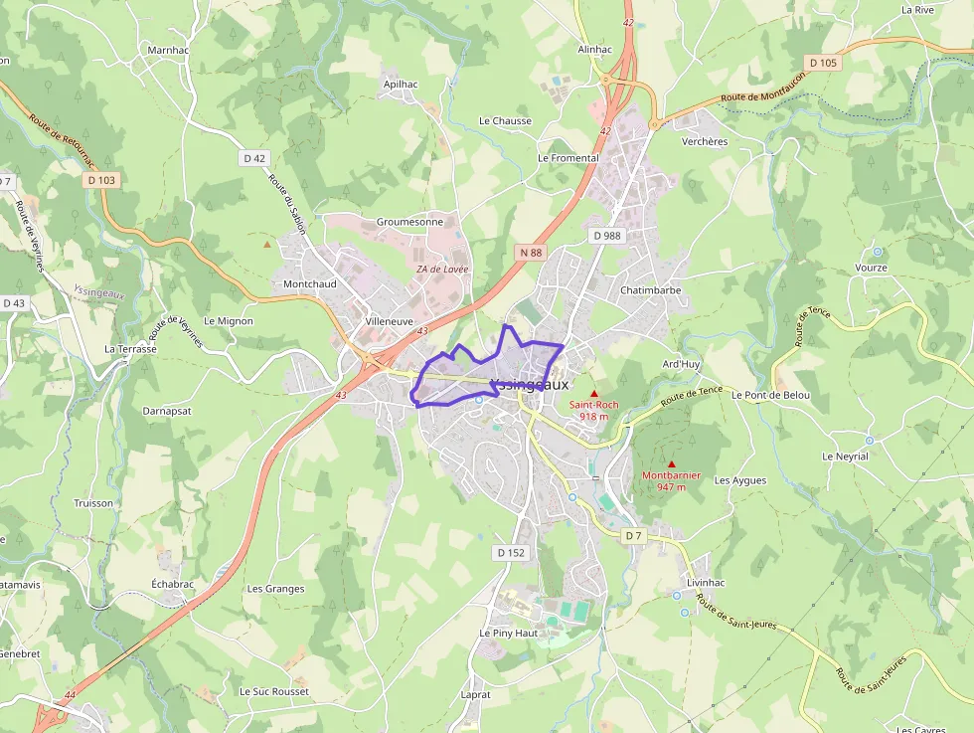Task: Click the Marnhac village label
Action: click(x=167, y=49)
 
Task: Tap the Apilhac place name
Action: click(x=401, y=85)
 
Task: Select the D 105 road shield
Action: click(x=823, y=63)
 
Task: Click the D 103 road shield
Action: click(x=100, y=180)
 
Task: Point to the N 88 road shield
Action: click(x=530, y=253)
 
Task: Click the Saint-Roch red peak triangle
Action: click(x=594, y=394)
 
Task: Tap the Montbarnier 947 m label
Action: click(x=671, y=481)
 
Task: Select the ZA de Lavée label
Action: click(x=441, y=270)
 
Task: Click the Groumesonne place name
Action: click(x=409, y=222)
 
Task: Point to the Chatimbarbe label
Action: click(x=650, y=290)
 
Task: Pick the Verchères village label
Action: click(x=705, y=141)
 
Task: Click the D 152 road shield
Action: click(x=509, y=552)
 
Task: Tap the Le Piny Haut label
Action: click(x=508, y=633)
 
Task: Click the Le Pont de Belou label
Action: click(x=770, y=395)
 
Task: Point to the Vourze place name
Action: click(x=871, y=269)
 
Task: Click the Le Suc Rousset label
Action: click(x=274, y=691)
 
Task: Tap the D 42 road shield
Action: click(x=254, y=158)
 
